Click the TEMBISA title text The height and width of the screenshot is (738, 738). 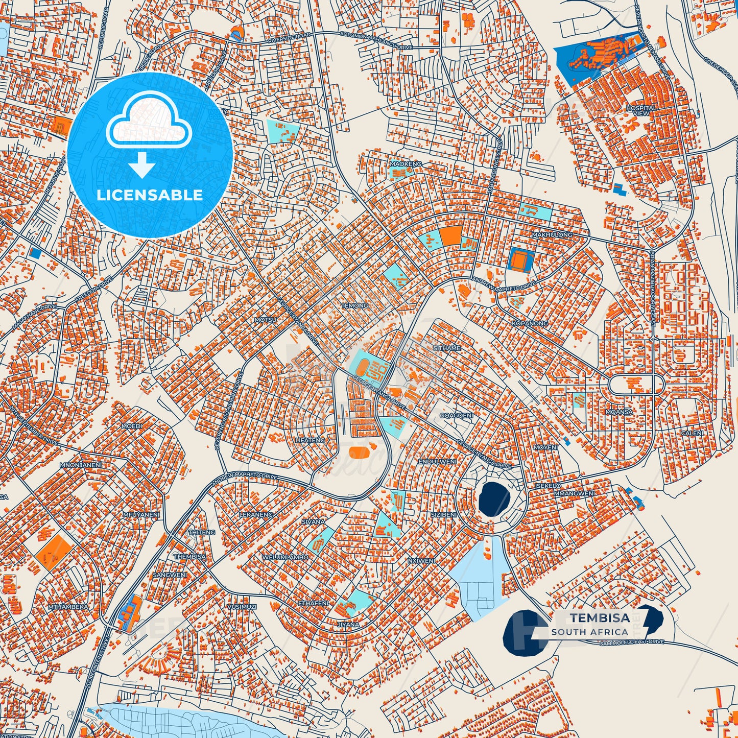click(x=600, y=618)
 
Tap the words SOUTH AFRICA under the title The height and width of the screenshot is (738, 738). click(x=589, y=632)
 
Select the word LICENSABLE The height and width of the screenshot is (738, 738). click(x=150, y=195)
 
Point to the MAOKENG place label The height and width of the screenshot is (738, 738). click(x=406, y=164)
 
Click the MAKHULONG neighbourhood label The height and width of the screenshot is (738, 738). click(x=552, y=234)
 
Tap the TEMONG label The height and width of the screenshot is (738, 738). click(x=354, y=305)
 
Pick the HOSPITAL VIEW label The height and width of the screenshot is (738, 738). click(x=641, y=110)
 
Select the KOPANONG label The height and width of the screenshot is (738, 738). click(x=530, y=323)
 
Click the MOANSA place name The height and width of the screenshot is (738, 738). click(x=619, y=412)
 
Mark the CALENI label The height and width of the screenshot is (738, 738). click(x=692, y=433)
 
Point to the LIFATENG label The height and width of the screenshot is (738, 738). click(x=310, y=440)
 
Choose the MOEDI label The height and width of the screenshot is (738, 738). click(x=131, y=426)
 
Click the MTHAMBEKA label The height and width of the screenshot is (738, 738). click(x=68, y=607)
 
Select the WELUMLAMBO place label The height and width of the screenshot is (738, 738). click(x=285, y=557)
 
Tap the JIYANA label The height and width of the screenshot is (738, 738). click(x=348, y=624)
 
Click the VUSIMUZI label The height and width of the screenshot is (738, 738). click(x=242, y=606)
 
